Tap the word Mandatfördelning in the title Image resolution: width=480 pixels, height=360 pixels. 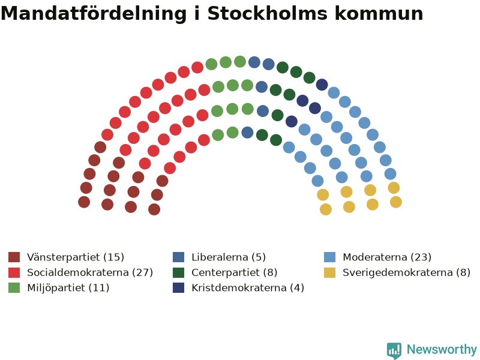[x=94, y=14]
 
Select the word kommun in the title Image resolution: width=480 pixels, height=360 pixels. [x=379, y=13]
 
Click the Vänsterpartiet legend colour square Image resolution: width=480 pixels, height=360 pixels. [x=14, y=257]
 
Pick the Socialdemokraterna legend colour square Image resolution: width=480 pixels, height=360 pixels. [x=14, y=272]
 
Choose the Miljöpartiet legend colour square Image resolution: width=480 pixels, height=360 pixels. [x=14, y=288]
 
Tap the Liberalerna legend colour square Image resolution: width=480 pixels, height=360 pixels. [x=178, y=257]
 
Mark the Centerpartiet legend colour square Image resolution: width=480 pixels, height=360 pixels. [x=178, y=272]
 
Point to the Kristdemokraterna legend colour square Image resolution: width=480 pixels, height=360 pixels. [x=178, y=288]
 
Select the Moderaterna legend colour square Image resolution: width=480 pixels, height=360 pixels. [x=329, y=257]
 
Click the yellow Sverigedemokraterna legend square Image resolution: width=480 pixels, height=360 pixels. [x=329, y=272]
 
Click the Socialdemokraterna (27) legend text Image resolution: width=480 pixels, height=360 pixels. [x=90, y=272]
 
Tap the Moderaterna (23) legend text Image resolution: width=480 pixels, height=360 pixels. [x=387, y=257]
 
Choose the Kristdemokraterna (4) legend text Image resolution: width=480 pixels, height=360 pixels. [x=248, y=288]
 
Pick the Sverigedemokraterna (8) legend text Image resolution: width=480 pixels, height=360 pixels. [x=407, y=272]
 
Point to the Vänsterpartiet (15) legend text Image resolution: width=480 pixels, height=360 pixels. [x=76, y=257]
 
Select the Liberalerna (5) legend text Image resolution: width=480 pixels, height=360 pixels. [x=229, y=257]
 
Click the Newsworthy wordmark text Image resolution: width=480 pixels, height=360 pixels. [x=442, y=349]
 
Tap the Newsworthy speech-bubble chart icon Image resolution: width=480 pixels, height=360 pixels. [x=394, y=350]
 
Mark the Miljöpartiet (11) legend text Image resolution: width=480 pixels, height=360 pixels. [x=68, y=288]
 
